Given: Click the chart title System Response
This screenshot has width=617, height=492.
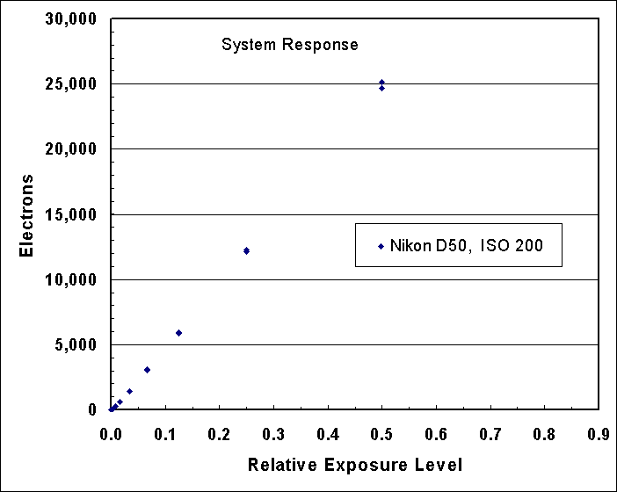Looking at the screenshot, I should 289,45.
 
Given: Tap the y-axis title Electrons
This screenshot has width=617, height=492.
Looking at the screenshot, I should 26,215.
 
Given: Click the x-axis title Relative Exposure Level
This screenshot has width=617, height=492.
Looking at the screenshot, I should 355,464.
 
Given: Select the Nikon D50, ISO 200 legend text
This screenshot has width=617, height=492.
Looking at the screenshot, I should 467,246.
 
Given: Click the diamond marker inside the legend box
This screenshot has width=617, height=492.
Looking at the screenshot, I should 381,246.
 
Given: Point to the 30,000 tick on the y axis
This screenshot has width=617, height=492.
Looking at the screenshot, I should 73,19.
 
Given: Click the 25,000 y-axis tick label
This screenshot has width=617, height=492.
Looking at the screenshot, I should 73,84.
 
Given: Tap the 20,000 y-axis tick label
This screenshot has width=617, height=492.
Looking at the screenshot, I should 73,149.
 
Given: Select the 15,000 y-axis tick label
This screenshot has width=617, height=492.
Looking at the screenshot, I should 73,214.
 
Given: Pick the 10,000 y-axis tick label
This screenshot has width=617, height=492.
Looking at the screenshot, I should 73,279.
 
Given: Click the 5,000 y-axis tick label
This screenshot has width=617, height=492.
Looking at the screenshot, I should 77,344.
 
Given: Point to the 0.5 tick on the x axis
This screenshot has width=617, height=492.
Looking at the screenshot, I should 381,433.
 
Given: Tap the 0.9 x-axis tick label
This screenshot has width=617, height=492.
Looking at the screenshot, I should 599,433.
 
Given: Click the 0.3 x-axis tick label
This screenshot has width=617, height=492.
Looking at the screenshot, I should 273,433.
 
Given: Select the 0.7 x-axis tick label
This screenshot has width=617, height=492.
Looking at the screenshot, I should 490,433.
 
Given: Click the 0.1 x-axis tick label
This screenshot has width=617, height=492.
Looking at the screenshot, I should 164,433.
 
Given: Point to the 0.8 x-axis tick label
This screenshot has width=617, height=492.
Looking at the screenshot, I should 545,433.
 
